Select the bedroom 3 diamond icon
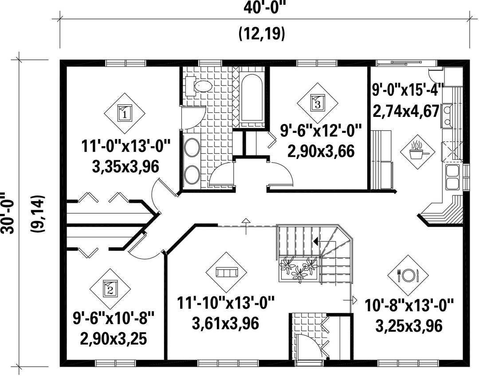[x=318, y=103]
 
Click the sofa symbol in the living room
[x=226, y=272]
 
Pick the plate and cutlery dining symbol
[x=408, y=275]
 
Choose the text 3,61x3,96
[x=225, y=324]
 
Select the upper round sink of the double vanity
[x=192, y=147]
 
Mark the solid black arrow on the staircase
[x=316, y=241]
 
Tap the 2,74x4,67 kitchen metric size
[x=406, y=111]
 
